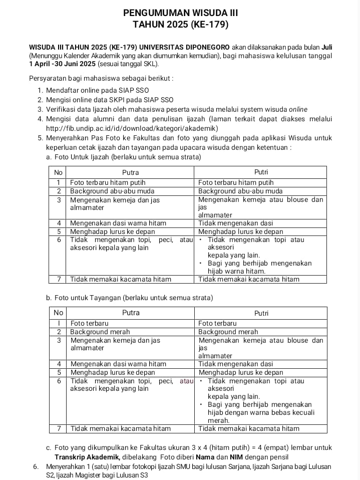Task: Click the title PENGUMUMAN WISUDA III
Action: [181, 12]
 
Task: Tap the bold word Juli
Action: [326, 47]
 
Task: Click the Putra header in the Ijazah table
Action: [131, 172]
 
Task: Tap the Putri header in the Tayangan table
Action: [261, 313]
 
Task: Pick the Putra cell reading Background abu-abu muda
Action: [112, 191]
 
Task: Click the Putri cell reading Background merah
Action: [228, 332]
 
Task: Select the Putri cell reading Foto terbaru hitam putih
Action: [236, 182]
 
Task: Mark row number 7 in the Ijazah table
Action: [59, 279]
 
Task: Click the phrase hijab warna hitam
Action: [236, 271]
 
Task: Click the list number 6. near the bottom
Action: [36, 466]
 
